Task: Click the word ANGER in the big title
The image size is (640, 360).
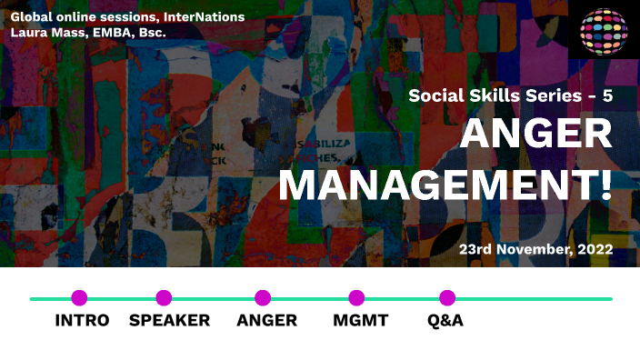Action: click(536, 135)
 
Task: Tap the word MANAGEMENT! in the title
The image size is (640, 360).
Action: click(445, 185)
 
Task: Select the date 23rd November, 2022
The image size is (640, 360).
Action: click(535, 248)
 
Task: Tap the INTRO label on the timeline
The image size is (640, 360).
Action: click(82, 320)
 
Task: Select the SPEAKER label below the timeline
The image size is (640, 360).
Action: click(169, 320)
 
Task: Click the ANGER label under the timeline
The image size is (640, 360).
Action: click(266, 320)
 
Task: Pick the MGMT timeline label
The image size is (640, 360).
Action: click(361, 320)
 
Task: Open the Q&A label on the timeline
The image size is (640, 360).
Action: click(445, 320)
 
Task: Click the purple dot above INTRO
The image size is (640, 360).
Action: click(79, 297)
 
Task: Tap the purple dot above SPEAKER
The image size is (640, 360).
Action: click(164, 297)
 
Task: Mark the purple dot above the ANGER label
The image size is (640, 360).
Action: click(263, 297)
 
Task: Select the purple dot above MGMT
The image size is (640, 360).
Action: click(356, 297)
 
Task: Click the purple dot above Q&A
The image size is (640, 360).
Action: click(447, 297)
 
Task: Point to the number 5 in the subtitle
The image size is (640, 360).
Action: click(605, 95)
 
